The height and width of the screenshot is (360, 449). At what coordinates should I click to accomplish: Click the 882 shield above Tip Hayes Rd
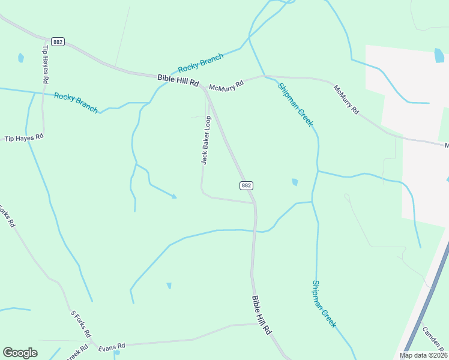(x=58, y=41)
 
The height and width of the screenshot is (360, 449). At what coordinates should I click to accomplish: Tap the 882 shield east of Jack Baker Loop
(x=246, y=185)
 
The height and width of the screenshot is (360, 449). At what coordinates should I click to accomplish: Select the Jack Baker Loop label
(x=206, y=140)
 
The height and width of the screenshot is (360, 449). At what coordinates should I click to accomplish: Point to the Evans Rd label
(x=112, y=346)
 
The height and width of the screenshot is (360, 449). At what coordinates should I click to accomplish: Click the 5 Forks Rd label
(x=81, y=323)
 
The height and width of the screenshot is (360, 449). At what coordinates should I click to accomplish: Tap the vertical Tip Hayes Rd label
(x=45, y=64)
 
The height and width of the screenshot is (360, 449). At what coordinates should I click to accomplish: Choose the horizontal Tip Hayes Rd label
(x=25, y=137)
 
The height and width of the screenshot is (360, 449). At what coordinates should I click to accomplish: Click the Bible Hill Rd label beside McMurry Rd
(x=178, y=80)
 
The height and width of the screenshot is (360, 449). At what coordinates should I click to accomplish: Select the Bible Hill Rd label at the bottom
(x=262, y=316)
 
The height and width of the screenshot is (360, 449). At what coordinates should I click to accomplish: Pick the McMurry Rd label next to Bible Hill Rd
(x=226, y=85)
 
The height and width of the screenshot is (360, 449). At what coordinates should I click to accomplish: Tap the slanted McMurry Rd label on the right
(x=346, y=100)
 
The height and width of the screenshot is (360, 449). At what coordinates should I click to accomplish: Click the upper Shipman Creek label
(x=295, y=104)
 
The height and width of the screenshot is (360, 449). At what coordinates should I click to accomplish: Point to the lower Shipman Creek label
(x=324, y=304)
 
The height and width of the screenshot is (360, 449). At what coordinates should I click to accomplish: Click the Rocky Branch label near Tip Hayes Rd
(x=76, y=103)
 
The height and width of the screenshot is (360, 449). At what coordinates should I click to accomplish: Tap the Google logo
(x=20, y=353)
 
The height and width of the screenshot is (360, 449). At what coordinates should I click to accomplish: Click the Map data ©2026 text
(x=423, y=355)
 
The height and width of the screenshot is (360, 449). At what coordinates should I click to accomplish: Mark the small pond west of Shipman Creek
(x=295, y=182)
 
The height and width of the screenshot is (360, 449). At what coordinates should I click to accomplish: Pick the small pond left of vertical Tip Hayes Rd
(x=21, y=58)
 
